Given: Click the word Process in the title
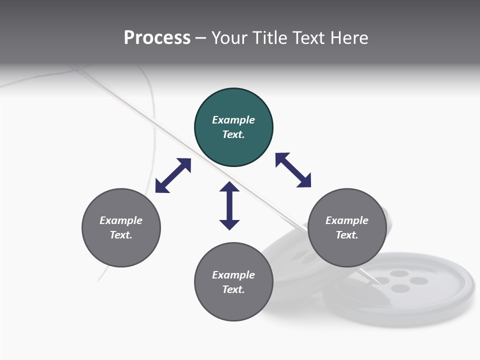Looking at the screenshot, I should pos(157,38).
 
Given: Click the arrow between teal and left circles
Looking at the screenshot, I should pos(173,175).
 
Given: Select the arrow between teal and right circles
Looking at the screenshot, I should pos(293,170).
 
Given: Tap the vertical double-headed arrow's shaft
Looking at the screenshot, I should pos(229,205).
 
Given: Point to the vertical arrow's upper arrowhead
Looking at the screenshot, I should pos(229,187).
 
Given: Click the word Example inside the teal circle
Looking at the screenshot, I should pos(233,120).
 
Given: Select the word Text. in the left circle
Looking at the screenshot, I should pos(121,235).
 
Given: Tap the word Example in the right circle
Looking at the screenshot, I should pos(347,220).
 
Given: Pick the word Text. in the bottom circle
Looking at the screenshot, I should pos(233,289).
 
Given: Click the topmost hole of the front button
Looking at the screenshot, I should pos(399,273).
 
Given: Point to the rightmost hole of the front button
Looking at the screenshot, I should pos(418,281).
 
